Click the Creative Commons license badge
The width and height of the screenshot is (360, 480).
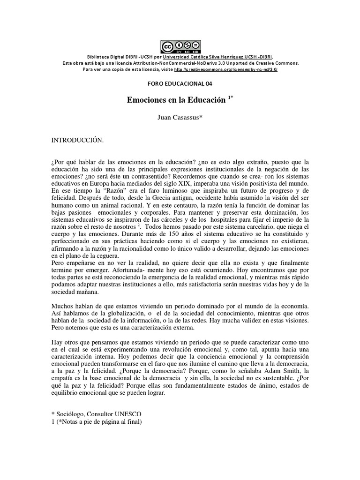pyautogui.click(x=180, y=47)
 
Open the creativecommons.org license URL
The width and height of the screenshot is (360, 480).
pyautogui.click(x=225, y=69)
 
